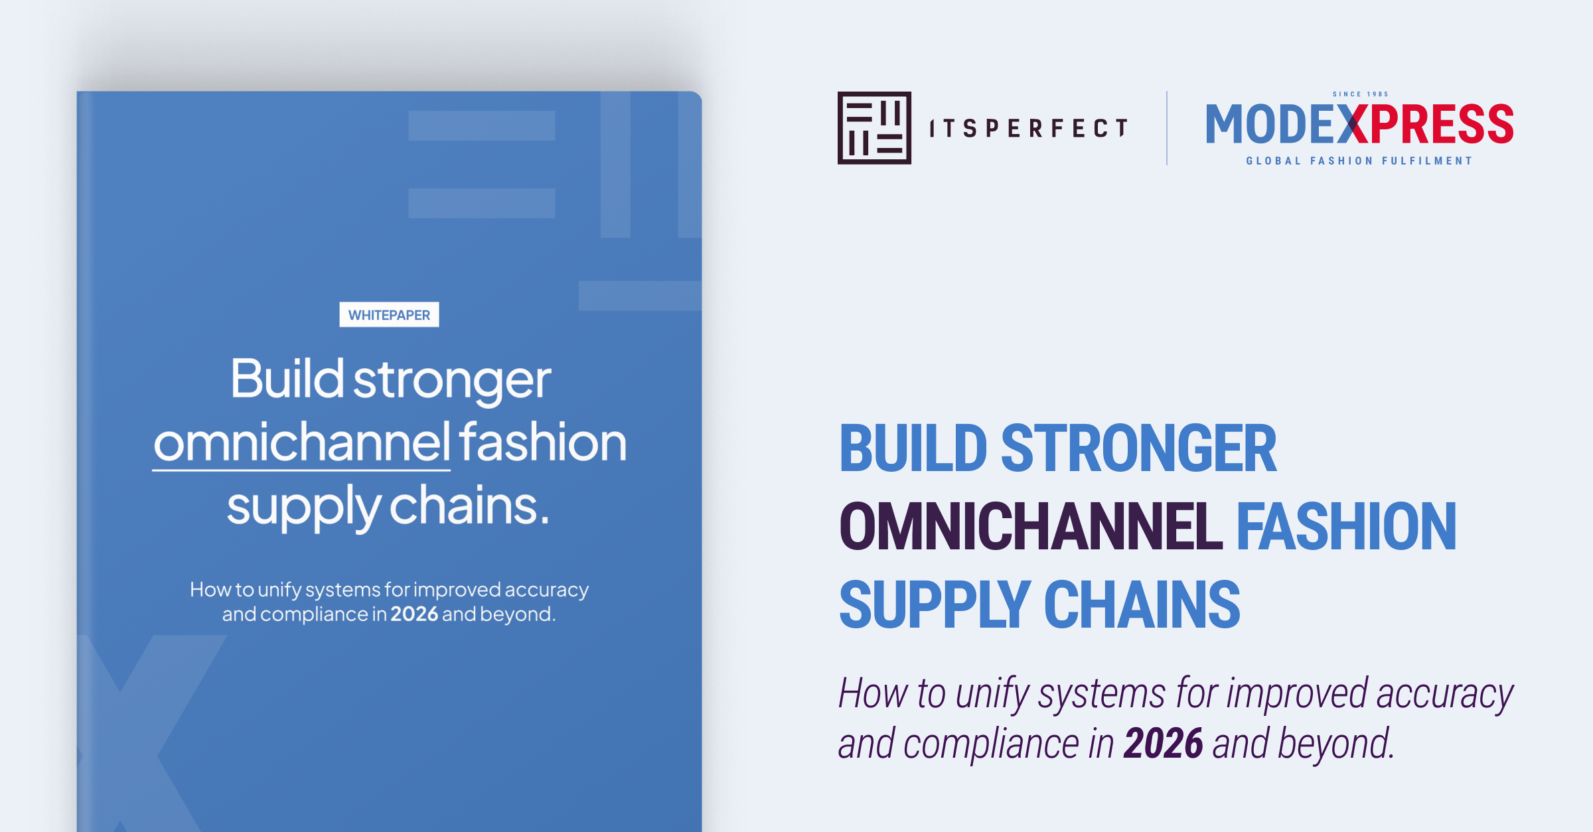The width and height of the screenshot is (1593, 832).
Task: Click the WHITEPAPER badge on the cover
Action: [x=389, y=314]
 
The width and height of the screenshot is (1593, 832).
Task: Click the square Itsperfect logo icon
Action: [x=874, y=128]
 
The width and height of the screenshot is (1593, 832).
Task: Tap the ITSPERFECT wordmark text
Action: [x=1028, y=128]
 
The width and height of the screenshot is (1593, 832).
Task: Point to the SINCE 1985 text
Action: [x=1360, y=94]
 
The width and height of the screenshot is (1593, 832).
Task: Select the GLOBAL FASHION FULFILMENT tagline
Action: [x=1359, y=161]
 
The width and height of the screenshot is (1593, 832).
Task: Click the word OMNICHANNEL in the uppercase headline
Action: [x=1030, y=527]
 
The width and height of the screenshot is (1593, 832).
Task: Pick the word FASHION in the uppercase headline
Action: [x=1346, y=527]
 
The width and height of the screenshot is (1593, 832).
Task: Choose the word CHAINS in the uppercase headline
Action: [x=1142, y=604]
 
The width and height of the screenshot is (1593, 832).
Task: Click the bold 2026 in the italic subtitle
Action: [x=1163, y=743]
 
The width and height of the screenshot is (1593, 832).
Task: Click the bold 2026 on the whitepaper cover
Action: [x=414, y=614]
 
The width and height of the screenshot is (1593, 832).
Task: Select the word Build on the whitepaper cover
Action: [x=287, y=379]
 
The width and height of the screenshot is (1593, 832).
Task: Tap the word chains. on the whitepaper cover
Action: [x=469, y=506]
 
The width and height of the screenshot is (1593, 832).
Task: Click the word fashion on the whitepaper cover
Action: [x=542, y=443]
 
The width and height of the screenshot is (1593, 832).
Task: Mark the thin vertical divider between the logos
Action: [x=1167, y=128]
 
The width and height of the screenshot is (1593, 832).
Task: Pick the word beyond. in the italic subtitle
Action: [x=1335, y=743]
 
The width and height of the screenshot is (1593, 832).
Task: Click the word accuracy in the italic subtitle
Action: [x=1445, y=694]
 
